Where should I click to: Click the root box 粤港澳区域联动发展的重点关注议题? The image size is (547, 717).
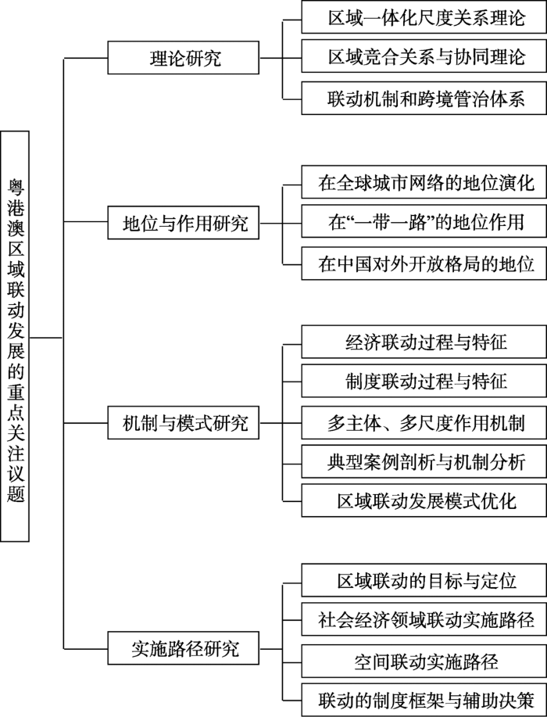[x=15, y=336]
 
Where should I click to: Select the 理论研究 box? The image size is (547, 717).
[x=184, y=58]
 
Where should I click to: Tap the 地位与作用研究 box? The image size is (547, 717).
[x=184, y=223]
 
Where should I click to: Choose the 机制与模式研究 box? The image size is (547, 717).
[x=184, y=422]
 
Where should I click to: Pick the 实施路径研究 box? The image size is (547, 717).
[x=184, y=648]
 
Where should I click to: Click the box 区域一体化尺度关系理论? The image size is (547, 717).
[x=424, y=17]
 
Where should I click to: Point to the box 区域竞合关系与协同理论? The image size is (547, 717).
[x=424, y=56]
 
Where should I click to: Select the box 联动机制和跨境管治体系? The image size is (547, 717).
[x=424, y=99]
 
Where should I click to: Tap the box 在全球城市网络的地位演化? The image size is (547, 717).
[x=424, y=182]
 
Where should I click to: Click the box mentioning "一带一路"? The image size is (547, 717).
[x=424, y=221]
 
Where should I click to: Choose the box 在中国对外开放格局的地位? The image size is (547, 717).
[x=424, y=263]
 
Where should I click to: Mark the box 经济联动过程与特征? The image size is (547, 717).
[x=424, y=342]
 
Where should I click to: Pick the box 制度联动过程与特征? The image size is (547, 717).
[x=424, y=381]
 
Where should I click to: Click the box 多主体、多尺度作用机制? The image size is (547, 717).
[x=424, y=422]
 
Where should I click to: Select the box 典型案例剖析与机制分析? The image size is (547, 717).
[x=424, y=462]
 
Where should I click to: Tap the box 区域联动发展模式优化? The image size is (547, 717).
[x=424, y=500]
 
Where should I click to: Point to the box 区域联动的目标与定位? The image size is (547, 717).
[x=424, y=580]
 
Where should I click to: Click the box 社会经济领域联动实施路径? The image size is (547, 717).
[x=424, y=619]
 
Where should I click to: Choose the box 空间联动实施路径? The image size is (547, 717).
[x=424, y=661]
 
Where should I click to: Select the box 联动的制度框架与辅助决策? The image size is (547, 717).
[x=424, y=700]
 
